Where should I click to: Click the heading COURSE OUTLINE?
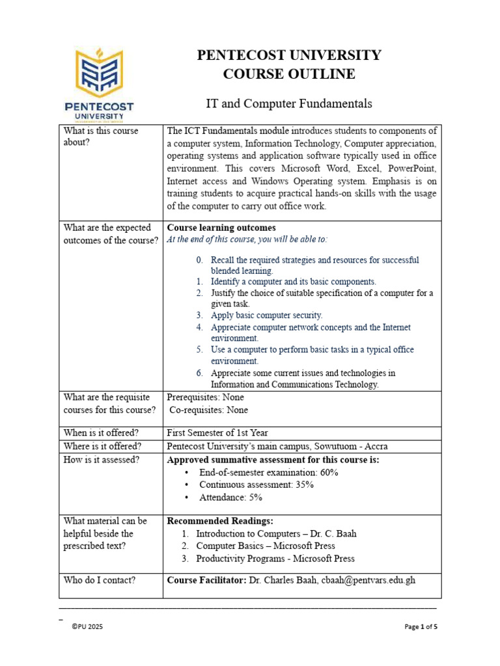point(289,74)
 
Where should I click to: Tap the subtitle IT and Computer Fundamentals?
point(289,103)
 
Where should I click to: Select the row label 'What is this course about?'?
point(100,137)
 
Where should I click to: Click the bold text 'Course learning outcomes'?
point(221,228)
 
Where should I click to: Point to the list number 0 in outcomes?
point(200,260)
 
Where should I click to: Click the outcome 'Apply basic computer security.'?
point(266,315)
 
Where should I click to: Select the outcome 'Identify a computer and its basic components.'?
point(293,282)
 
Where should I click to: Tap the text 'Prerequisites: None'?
point(205,397)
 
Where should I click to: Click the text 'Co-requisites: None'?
point(208,410)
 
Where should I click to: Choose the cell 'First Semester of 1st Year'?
point(217,433)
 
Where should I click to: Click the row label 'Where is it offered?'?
point(103,446)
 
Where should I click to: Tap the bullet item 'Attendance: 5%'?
point(230,498)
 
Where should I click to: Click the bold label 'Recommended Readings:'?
point(220,521)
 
